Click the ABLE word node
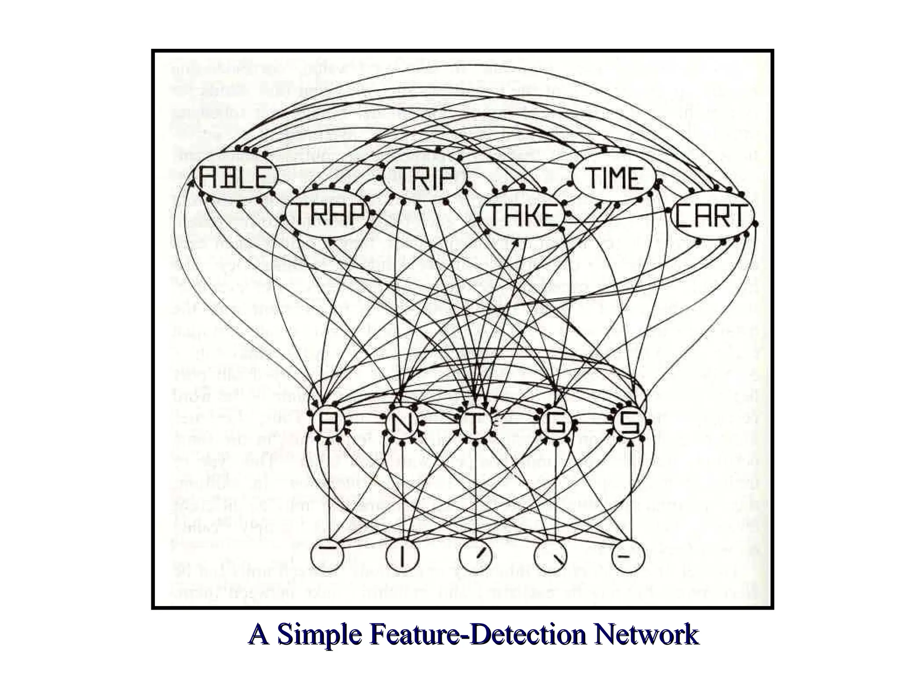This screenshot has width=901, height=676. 236,178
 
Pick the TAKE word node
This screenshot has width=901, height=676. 522,215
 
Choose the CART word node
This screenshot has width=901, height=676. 711,216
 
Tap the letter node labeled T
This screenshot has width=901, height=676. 476,424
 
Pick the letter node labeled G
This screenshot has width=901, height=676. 555,424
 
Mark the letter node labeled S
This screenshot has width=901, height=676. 630,424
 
